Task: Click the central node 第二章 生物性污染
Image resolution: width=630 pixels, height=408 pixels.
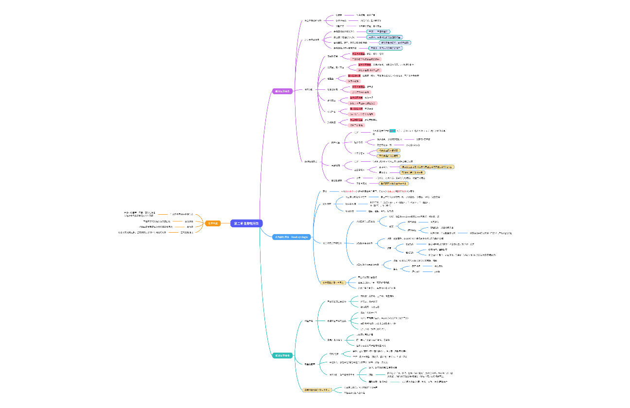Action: point(246,223)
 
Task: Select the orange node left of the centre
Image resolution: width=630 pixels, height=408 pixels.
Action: point(212,223)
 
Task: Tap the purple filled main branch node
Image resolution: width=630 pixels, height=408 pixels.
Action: point(282,91)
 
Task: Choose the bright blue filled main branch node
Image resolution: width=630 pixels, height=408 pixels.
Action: point(292,237)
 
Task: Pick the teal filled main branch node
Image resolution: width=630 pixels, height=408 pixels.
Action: point(282,356)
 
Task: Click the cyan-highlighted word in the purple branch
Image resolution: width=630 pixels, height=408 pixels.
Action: point(392,131)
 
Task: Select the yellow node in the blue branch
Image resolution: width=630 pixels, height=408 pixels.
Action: point(332,282)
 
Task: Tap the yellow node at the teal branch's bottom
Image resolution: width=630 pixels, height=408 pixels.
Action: point(316,390)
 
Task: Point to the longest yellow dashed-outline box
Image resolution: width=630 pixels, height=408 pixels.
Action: point(424,167)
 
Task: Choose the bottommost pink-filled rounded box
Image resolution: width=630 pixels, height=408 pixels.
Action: point(356,125)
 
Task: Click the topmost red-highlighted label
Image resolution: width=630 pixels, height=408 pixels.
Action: point(358,53)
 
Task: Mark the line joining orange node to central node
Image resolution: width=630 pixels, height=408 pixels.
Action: point(226,223)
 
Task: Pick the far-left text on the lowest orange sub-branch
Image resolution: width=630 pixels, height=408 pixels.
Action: point(142,233)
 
